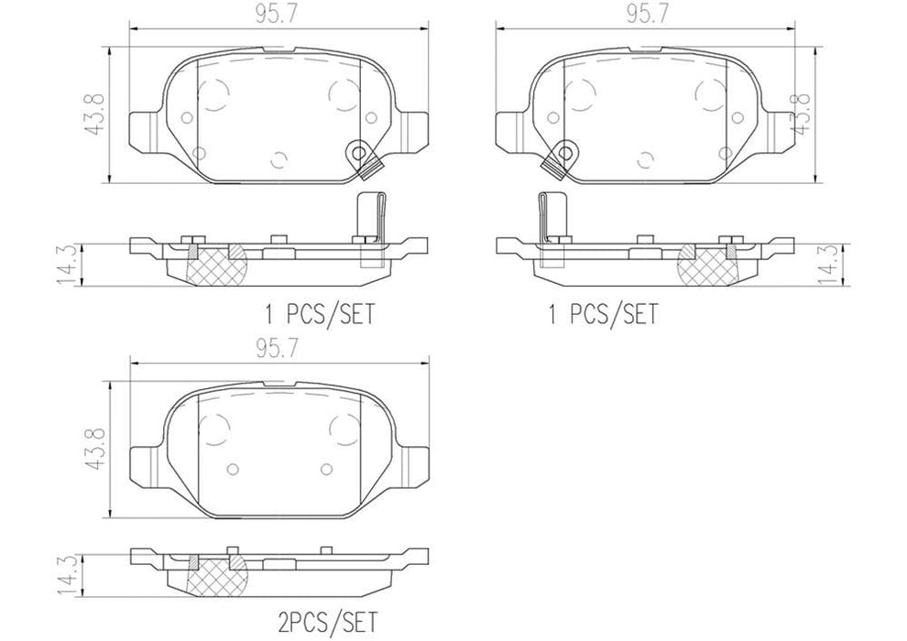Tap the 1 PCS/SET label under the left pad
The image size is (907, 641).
[320, 316]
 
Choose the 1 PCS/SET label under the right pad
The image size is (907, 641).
[602, 316]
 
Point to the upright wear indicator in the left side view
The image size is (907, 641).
[367, 216]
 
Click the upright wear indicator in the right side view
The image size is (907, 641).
[551, 216]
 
